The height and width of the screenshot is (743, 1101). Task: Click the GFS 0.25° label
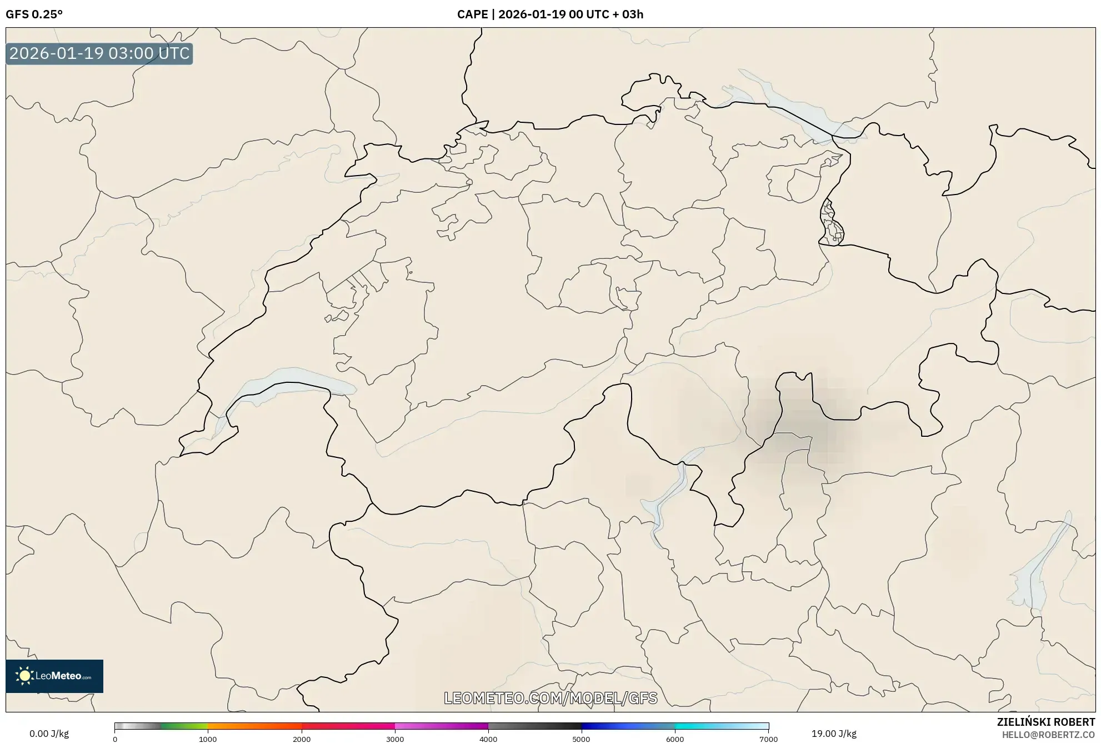tap(34, 14)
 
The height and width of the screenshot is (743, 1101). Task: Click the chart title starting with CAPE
tap(550, 14)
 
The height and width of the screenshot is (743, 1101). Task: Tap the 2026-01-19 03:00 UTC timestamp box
tap(99, 54)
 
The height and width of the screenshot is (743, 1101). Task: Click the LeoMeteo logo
tap(54, 676)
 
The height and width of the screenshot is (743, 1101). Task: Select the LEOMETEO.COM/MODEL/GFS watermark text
tap(550, 698)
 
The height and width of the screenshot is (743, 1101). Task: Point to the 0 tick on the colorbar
tap(115, 739)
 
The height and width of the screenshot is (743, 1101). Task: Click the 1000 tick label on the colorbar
tap(208, 739)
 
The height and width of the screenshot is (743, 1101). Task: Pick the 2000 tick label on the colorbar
tap(302, 739)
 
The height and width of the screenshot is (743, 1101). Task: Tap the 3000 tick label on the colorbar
tap(395, 739)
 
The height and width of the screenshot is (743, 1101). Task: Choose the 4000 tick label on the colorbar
tap(488, 739)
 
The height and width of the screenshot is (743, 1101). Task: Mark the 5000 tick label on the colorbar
tap(582, 739)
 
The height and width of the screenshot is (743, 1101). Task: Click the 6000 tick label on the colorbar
tap(675, 739)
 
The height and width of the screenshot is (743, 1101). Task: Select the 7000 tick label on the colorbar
tap(768, 739)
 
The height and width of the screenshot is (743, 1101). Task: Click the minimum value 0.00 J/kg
tap(49, 734)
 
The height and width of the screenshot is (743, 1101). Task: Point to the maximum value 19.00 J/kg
tap(834, 734)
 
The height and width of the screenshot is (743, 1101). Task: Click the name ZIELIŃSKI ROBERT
tap(1046, 722)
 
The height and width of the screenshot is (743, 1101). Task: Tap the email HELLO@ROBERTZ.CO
tap(1048, 735)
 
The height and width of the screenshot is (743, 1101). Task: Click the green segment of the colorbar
tap(183, 726)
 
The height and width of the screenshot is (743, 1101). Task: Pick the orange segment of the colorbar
tap(244, 726)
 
